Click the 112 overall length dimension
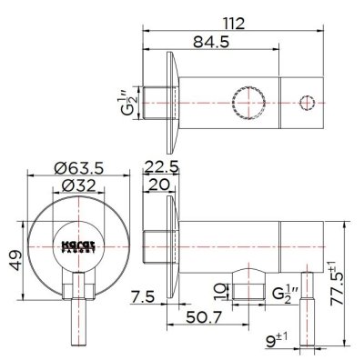pyautogui.click(x=238, y=12)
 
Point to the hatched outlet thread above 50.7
pyautogui.click(x=241, y=291)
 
